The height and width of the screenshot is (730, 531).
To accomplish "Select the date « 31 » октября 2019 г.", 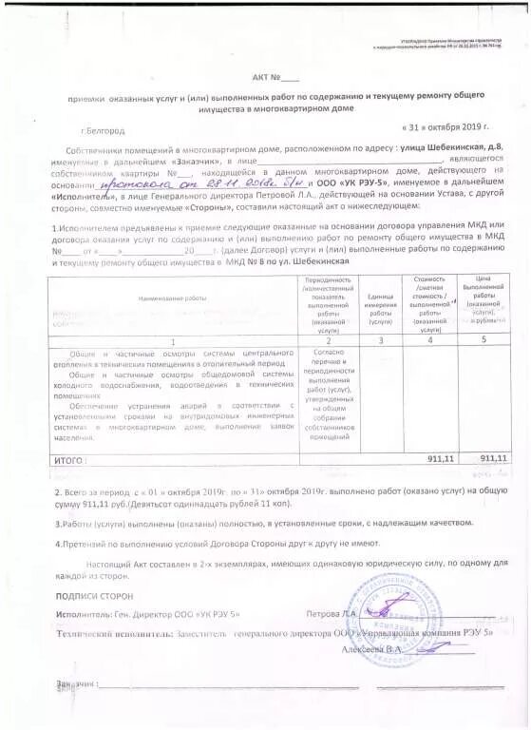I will pyautogui.click(x=444, y=126).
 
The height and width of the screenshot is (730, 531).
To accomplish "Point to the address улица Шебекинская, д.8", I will pyautogui.click(x=436, y=150).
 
